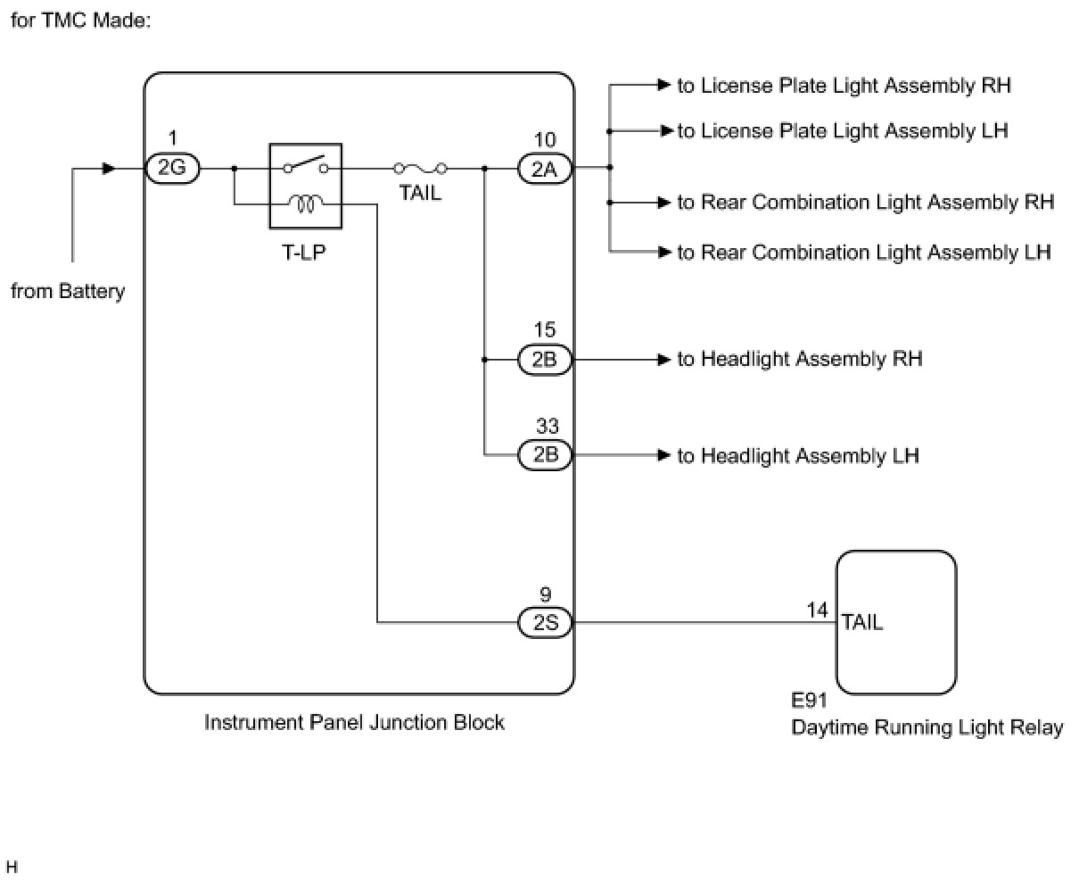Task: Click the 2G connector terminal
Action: (x=173, y=168)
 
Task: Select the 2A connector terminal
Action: (x=545, y=168)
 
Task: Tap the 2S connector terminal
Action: (x=545, y=623)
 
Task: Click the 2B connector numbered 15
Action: (x=545, y=360)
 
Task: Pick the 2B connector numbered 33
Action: (x=545, y=455)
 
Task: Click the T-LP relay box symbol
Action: (x=305, y=186)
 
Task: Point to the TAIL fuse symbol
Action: (x=420, y=168)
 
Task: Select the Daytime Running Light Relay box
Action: (x=895, y=622)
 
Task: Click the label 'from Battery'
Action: (x=68, y=292)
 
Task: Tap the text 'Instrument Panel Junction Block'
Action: (x=354, y=722)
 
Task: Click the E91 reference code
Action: (x=810, y=702)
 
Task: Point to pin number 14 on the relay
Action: (x=817, y=610)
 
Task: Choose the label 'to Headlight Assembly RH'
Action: (x=799, y=359)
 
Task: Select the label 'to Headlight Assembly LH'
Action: (x=797, y=456)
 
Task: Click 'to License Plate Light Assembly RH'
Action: (x=844, y=86)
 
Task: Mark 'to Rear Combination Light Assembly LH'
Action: (x=863, y=253)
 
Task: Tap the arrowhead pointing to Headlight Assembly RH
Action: (x=663, y=360)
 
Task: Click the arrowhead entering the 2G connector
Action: (x=109, y=168)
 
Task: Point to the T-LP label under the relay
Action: (x=304, y=252)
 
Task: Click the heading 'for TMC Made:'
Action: (x=80, y=20)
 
